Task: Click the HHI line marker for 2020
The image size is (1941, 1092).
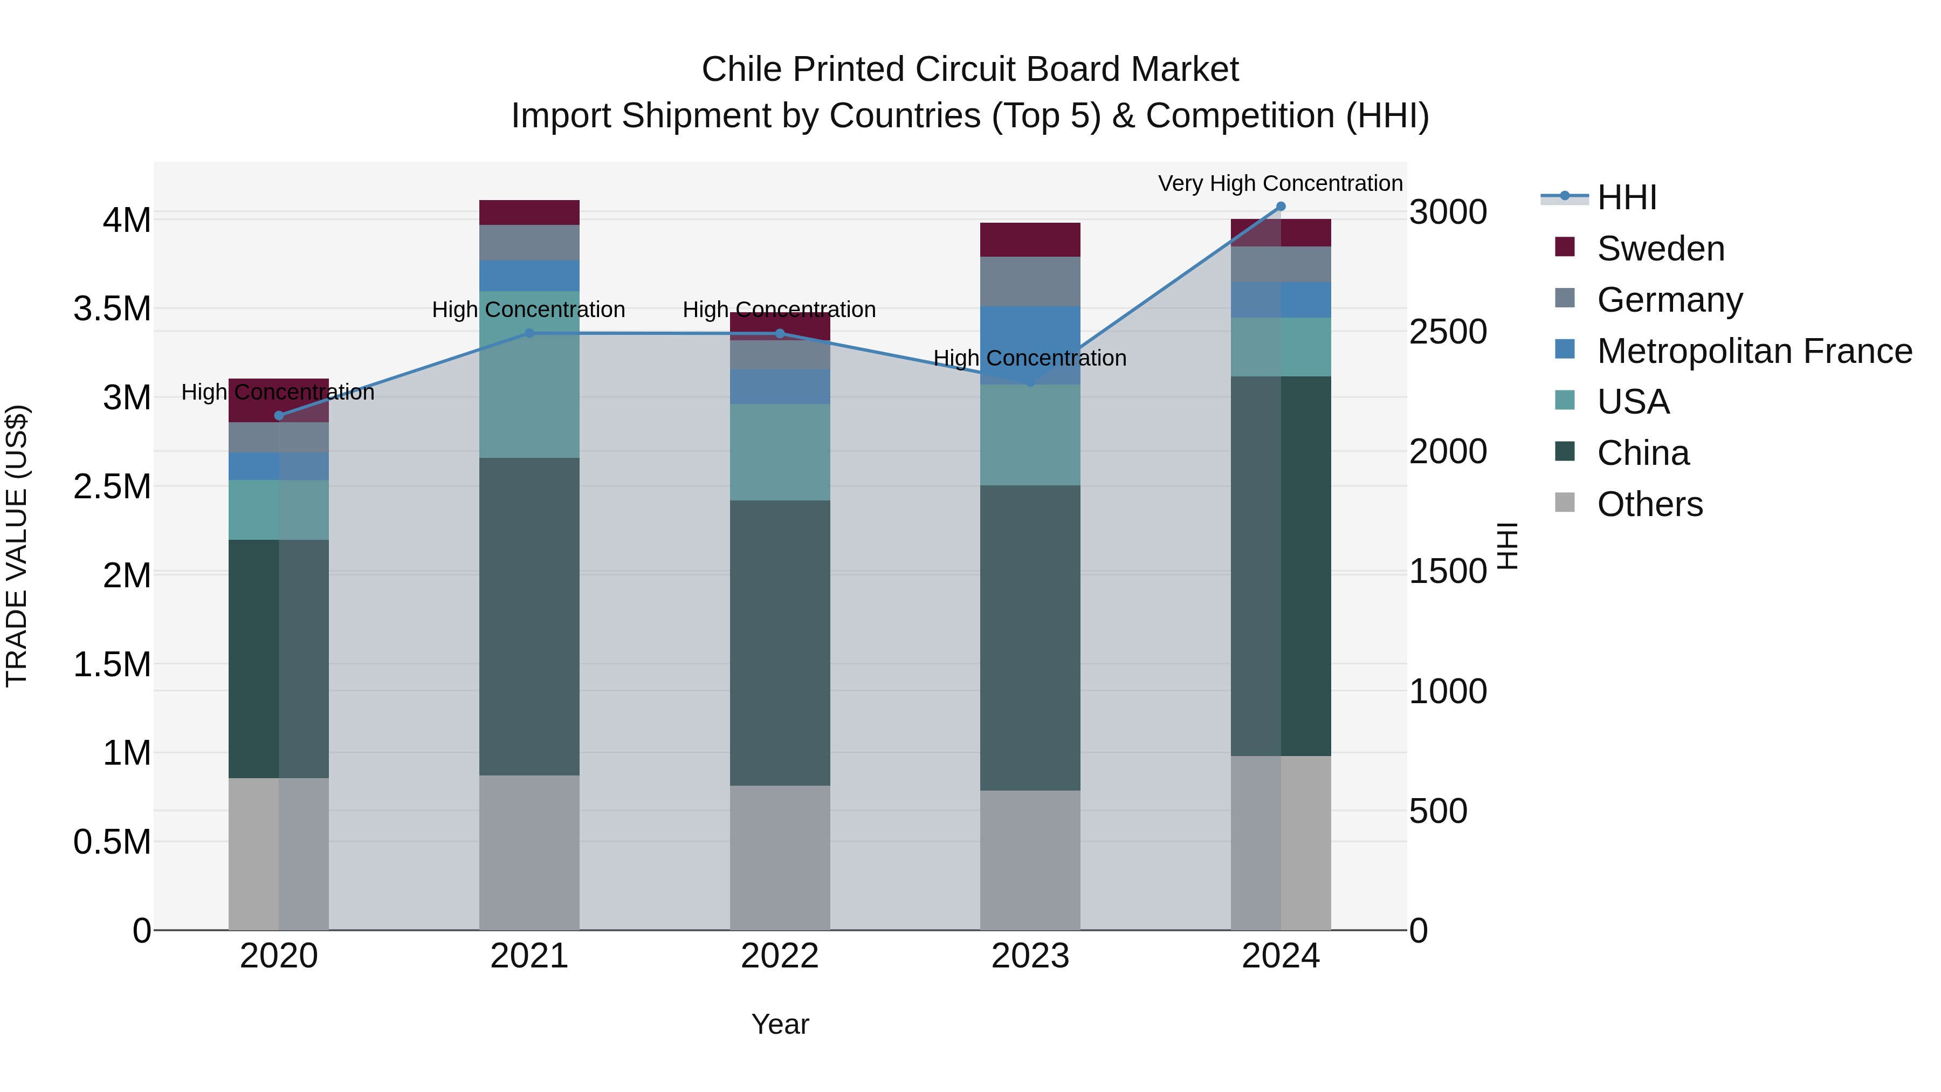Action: coord(279,415)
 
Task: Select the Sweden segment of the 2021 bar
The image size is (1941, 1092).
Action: coord(529,212)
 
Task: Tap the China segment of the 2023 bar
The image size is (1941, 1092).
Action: coord(1030,637)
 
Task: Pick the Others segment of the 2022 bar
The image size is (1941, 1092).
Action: coord(780,857)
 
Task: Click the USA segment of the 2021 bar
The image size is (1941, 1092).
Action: coord(529,375)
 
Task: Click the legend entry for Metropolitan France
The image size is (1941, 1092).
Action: coord(1754,351)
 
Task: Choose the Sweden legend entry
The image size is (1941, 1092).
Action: coord(1660,249)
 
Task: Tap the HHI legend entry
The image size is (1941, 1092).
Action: coord(1626,197)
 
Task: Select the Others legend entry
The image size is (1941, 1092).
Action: coord(1649,504)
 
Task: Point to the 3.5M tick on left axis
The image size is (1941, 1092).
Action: coord(112,309)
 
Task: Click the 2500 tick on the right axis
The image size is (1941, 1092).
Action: coord(1448,332)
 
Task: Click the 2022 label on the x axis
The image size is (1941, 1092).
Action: coord(780,956)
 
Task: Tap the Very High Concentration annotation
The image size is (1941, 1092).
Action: coord(1279,183)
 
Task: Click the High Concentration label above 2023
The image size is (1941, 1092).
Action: coord(1030,358)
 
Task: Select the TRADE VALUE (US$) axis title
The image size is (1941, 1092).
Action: coord(17,546)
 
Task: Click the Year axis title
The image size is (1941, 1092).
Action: coord(780,1024)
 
